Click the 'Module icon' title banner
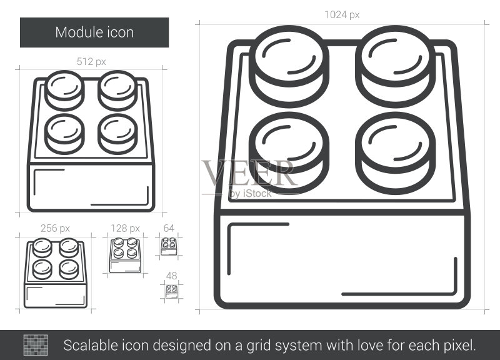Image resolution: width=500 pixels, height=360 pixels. pos(94,32)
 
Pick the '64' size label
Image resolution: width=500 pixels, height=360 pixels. pos(169,228)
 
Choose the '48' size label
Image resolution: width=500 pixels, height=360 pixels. pos(171,276)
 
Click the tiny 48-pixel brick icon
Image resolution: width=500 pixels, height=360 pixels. pos(171,291)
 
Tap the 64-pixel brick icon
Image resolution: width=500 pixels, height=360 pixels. pos(169,246)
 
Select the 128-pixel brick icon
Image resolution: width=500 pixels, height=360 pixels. pos(126,255)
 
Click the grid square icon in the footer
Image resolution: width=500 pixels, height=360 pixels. pos(36,345)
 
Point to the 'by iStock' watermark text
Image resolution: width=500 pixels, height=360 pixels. pos(251,194)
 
